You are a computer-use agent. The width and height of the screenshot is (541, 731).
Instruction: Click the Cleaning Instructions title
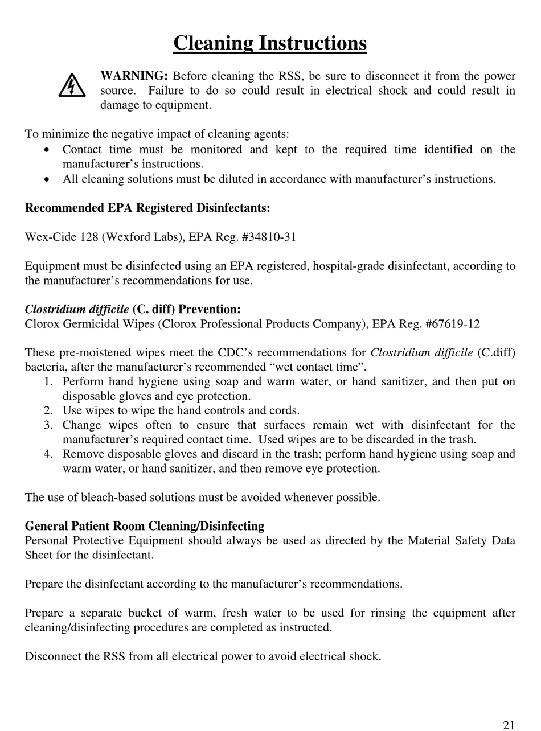click(270, 43)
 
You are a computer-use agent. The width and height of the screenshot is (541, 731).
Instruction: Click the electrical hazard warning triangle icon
click(72, 85)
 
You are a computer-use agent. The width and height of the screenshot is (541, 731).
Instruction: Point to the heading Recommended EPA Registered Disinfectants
click(147, 208)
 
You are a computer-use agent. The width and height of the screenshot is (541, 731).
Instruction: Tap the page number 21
click(509, 725)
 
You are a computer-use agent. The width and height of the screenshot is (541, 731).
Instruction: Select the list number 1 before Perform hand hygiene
click(48, 381)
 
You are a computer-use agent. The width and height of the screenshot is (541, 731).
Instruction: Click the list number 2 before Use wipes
click(48, 410)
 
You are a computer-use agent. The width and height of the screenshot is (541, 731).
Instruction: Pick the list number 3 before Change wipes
click(48, 425)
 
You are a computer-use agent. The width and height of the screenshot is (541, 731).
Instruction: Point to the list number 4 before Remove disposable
click(48, 454)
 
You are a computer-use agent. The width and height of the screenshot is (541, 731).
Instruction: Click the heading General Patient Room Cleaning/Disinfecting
click(145, 526)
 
